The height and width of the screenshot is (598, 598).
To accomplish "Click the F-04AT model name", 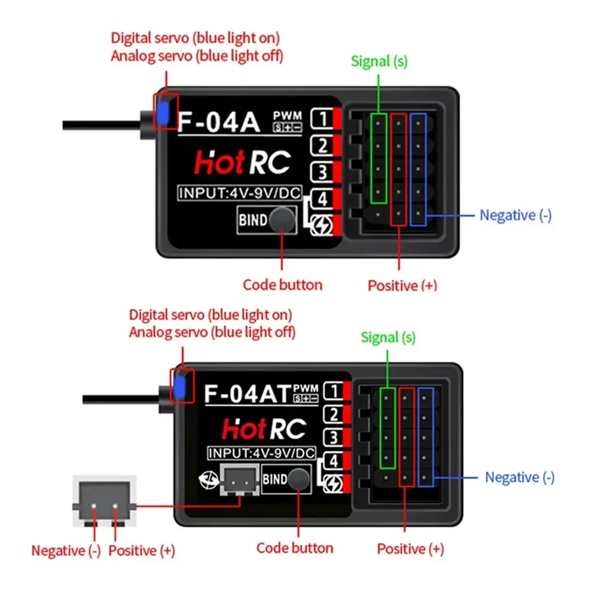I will coord(248,394).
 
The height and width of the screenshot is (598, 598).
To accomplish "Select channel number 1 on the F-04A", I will coord(323,118).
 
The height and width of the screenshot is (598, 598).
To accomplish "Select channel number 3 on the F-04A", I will coord(323,172).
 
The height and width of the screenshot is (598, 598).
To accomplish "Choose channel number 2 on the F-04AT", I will coord(334,414).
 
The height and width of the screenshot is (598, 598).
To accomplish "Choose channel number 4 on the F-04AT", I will coord(334,461).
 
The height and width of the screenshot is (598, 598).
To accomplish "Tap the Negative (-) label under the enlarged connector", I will coord(66,550).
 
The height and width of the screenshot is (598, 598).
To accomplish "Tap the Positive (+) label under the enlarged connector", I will coord(142,550).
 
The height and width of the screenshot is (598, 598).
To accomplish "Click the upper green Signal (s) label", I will coord(379,61).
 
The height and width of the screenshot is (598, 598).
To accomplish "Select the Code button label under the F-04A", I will coord(282,285).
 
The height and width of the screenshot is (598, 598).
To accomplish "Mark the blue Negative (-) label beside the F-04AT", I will coord(519,477).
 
